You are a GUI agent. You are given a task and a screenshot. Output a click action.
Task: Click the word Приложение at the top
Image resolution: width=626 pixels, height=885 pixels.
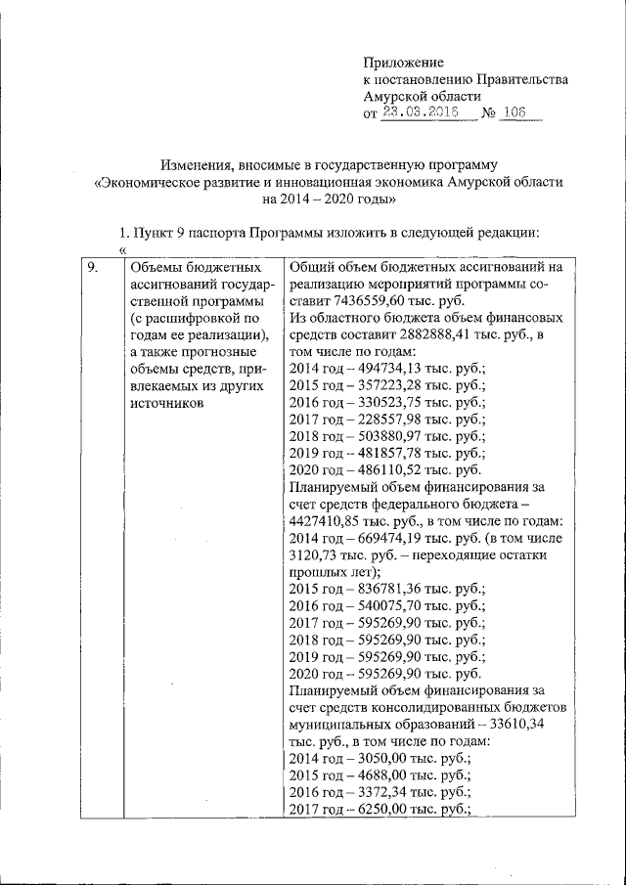(x=403, y=62)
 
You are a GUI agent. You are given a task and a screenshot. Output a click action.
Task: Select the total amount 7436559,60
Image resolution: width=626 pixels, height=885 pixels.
(x=368, y=299)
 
